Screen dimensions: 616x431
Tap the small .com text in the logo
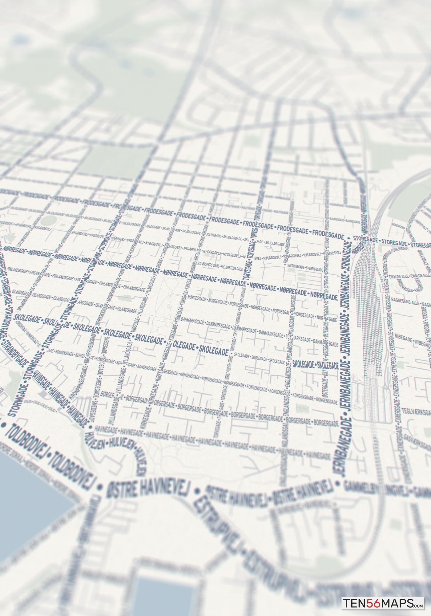click(x=421, y=606)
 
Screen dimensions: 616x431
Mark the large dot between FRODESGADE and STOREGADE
click(x=349, y=238)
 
